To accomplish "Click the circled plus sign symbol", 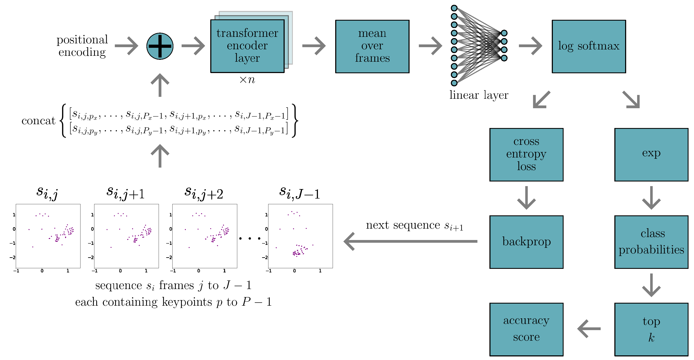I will point(160,46).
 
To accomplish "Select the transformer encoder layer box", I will point(247,46).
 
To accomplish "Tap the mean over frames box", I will point(372,46).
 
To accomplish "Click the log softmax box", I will point(589,46).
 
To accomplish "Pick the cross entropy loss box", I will point(526,154).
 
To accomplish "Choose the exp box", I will point(651,154).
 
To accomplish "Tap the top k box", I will point(651,329).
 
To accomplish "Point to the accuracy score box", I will point(526,329).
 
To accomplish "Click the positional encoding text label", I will point(82,46).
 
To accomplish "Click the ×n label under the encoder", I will point(247,80).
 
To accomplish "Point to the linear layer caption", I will point(479,95).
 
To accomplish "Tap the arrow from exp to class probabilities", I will point(651,198).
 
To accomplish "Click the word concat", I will point(38,121).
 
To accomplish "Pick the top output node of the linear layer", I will point(504,33).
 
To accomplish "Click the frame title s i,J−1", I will point(300,193).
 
